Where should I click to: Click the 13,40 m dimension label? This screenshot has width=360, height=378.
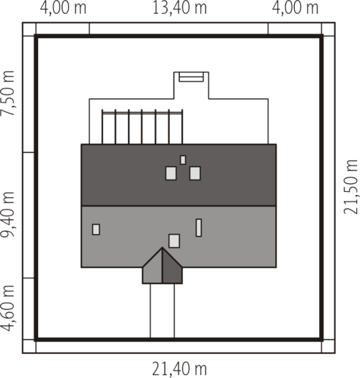pos(179,8)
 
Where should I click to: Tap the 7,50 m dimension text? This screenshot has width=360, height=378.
pos(7,93)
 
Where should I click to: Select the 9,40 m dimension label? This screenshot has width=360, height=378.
pos(7,215)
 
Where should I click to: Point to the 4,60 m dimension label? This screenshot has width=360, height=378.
pos(7,308)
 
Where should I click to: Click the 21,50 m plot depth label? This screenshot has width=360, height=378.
pos(350,187)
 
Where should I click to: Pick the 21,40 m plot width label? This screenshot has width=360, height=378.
pos(179,369)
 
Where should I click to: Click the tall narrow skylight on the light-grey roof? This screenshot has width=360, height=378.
pos(199,228)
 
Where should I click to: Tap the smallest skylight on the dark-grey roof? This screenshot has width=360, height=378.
pos(183,160)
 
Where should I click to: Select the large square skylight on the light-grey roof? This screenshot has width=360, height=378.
pos(174,241)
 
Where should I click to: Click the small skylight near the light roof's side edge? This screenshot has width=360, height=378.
pos(96,229)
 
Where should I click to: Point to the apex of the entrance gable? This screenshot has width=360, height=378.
pos(162,248)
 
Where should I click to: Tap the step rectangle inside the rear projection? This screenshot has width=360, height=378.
pos(191,77)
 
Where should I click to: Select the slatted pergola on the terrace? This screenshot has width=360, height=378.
pos(143,127)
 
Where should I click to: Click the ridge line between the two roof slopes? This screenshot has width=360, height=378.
pos(179,206)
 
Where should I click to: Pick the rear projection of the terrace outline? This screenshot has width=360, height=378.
pos(191,86)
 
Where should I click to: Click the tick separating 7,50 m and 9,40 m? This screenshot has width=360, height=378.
pos(29,152)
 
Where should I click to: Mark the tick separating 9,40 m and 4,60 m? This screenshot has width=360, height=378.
pos(29,278)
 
